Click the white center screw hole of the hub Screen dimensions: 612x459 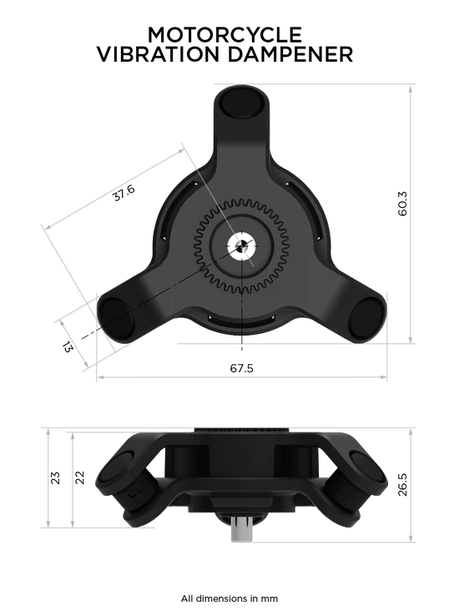tap(240, 246)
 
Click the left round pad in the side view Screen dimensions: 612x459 tap(122, 480)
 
